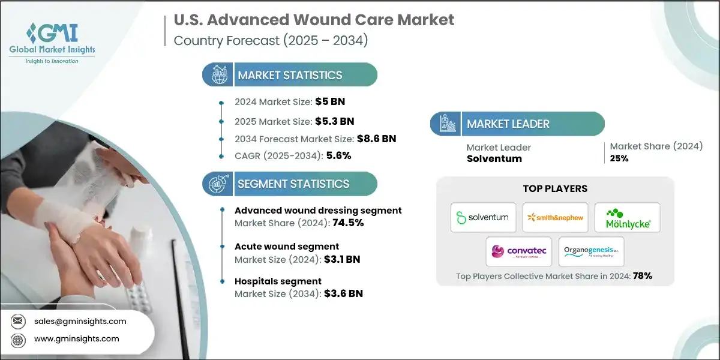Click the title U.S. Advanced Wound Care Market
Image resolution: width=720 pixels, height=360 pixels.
pyautogui.click(x=314, y=20)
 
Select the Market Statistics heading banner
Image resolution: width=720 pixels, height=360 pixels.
pyautogui.click(x=290, y=75)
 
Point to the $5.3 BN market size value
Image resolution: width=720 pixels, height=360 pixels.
pyautogui.click(x=334, y=121)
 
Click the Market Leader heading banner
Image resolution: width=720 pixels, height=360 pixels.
pyautogui.click(x=517, y=124)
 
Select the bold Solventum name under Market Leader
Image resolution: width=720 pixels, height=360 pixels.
pyautogui.click(x=494, y=158)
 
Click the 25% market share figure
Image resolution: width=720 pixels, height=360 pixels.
pyautogui.click(x=619, y=158)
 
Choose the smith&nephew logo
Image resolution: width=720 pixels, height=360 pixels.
pyautogui.click(x=555, y=217)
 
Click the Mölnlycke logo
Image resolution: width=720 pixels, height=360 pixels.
pyautogui.click(x=627, y=217)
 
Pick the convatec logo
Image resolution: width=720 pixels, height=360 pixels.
pyautogui.click(x=518, y=251)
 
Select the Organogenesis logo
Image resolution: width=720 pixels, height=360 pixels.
pyautogui.click(x=591, y=251)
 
